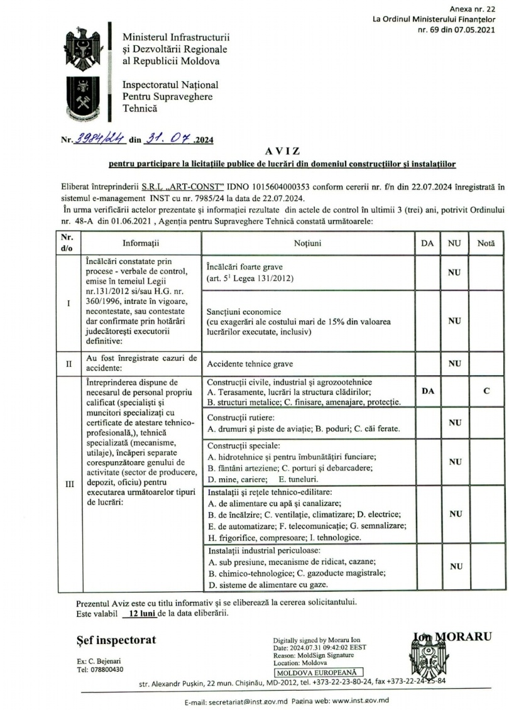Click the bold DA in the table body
[428, 391]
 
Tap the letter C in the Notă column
[486, 391]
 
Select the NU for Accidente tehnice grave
[454, 363]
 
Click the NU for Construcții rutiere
[454, 423]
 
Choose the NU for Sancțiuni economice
[454, 320]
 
